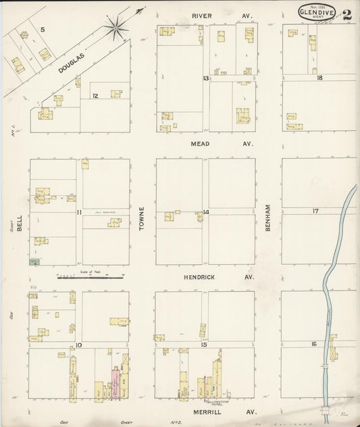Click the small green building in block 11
[34, 261]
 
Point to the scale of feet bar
[91, 277]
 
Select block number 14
[205, 213]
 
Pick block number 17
[315, 211]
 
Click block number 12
[95, 96]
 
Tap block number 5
[42, 30]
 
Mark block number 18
[319, 78]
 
